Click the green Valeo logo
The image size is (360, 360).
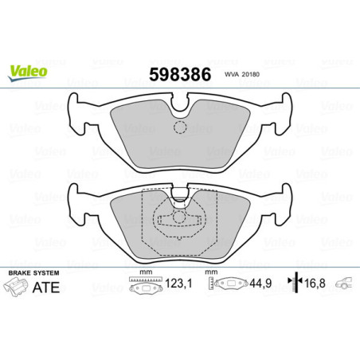tap(28, 71)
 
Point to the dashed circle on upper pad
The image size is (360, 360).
tap(180, 127)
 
